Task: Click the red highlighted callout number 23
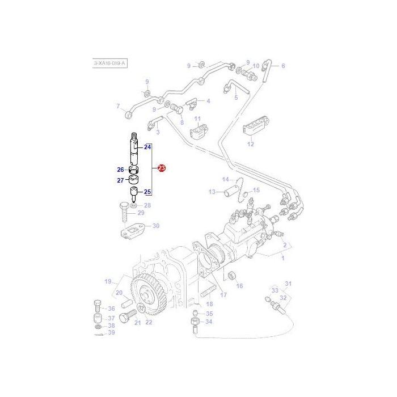coord(162,168)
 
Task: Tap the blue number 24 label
coord(147,147)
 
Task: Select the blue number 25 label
coord(147,192)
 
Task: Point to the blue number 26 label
coord(120,170)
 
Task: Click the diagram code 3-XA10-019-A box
coord(109,64)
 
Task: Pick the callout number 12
coord(250,144)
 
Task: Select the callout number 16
coord(239,286)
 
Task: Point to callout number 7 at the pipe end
coord(119,106)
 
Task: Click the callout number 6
coord(283,66)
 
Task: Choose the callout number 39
coord(111,332)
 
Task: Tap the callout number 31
coord(288,284)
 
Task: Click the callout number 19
coord(107,281)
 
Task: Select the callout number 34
coord(209,322)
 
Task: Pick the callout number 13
coord(212,192)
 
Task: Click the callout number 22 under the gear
coord(149,322)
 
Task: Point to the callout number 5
coord(236,98)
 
